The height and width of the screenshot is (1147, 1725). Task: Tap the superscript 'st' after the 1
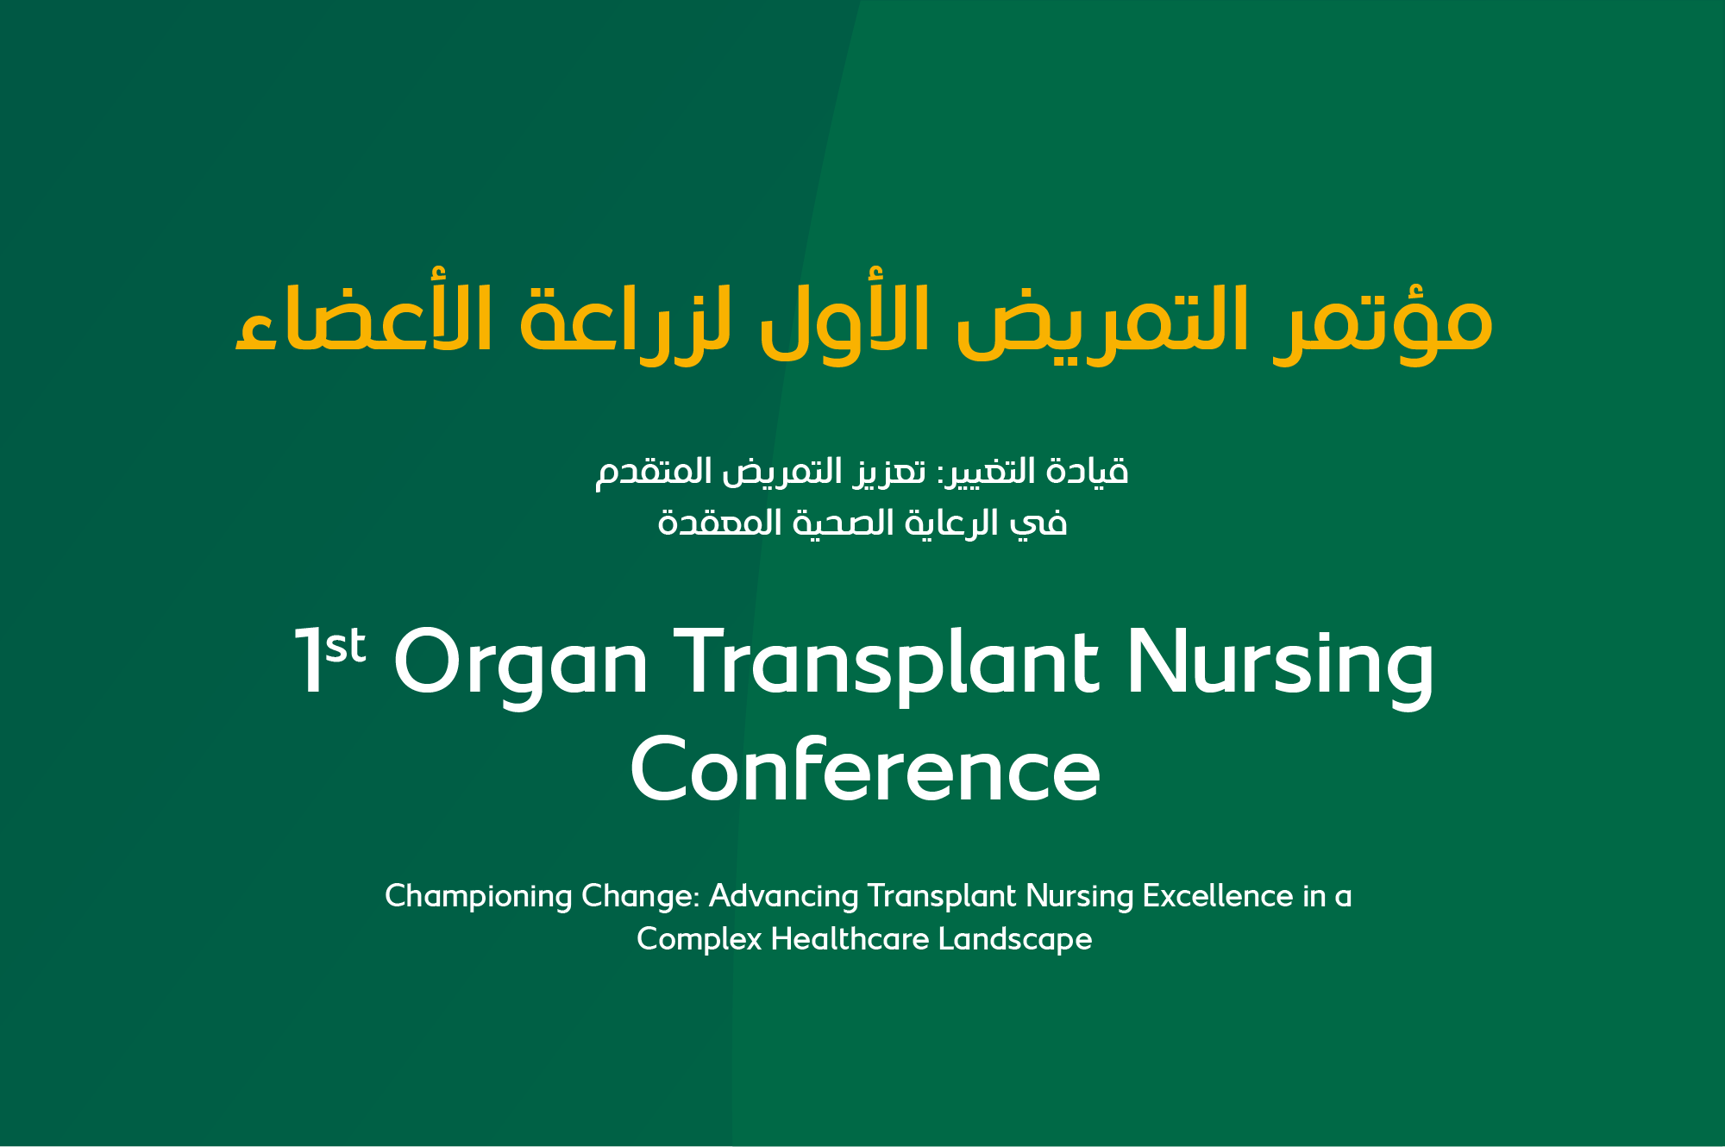[346, 646]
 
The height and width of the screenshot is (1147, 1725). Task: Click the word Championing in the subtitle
[479, 897]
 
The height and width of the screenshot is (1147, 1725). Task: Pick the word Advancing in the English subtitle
[783, 897]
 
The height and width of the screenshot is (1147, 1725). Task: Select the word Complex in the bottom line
[699, 940]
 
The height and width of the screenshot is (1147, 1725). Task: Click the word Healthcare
[850, 938]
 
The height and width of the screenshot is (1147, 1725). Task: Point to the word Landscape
[1015, 940]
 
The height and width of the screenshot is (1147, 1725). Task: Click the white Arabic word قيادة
[1086, 471]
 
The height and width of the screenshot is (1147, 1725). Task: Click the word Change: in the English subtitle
[641, 897]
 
